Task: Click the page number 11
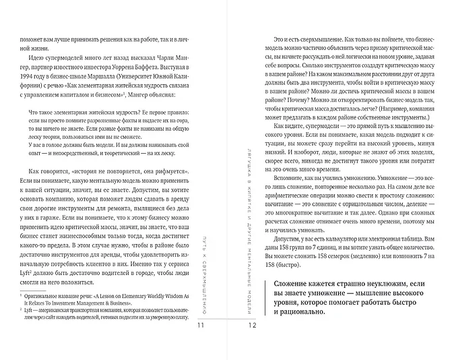[x=200, y=326]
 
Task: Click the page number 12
[x=252, y=326]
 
